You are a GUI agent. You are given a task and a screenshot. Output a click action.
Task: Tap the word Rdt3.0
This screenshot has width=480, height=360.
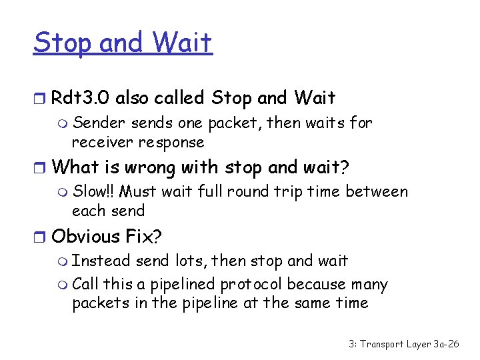pyautogui.click(x=80, y=99)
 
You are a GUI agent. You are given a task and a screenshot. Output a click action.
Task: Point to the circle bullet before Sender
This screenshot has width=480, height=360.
pyautogui.click(x=63, y=123)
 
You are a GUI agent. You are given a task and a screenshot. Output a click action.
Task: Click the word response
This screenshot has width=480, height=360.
pyautogui.click(x=171, y=142)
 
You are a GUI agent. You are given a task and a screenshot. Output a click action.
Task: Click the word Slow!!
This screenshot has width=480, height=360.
pyautogui.click(x=94, y=191)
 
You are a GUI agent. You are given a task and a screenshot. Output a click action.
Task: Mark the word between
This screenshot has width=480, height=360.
pyautogui.click(x=377, y=191)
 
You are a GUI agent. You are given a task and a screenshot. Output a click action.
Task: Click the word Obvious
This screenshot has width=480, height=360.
pyautogui.click(x=85, y=236)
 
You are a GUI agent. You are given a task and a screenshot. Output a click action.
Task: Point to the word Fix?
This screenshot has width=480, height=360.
pyautogui.click(x=145, y=236)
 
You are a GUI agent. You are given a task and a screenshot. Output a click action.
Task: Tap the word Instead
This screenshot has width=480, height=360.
pyautogui.click(x=102, y=261)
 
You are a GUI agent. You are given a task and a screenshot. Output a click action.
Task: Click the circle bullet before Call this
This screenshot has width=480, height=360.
pyautogui.click(x=63, y=285)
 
